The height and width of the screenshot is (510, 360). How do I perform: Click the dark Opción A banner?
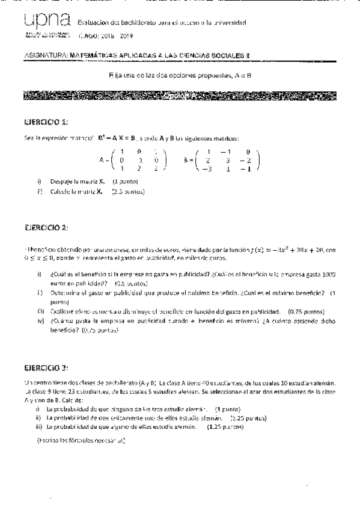pyautogui.click(x=180, y=96)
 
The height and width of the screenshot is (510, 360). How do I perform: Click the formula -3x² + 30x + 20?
pyautogui.click(x=282, y=250)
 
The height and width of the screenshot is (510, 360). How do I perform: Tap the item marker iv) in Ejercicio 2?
pyautogui.click(x=39, y=322)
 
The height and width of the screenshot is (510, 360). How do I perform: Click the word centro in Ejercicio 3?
pyautogui.click(x=41, y=382)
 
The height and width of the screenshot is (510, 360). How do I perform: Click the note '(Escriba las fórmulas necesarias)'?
pyautogui.click(x=81, y=440)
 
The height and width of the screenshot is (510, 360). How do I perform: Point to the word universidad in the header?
pyautogui.click(x=230, y=23)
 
